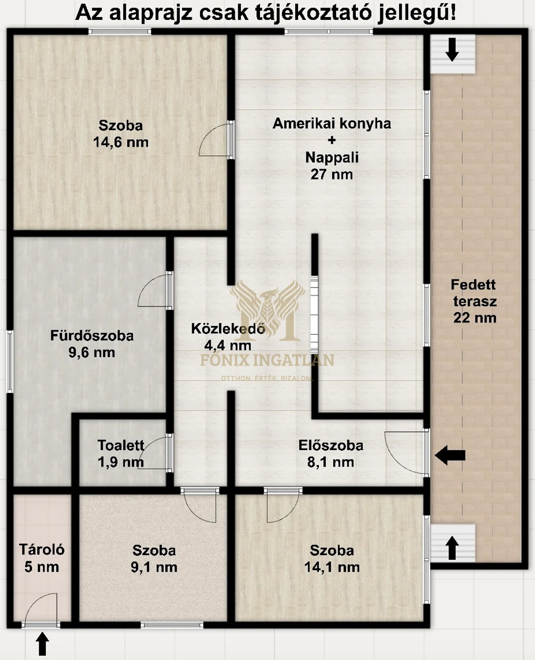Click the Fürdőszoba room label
point(92,336)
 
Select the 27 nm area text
point(332,175)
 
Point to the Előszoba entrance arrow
point(450,456)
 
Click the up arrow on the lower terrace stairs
point(452,548)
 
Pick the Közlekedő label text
point(228,329)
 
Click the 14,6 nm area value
point(121,142)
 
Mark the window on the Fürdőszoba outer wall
point(10,361)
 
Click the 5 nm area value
point(42,567)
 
